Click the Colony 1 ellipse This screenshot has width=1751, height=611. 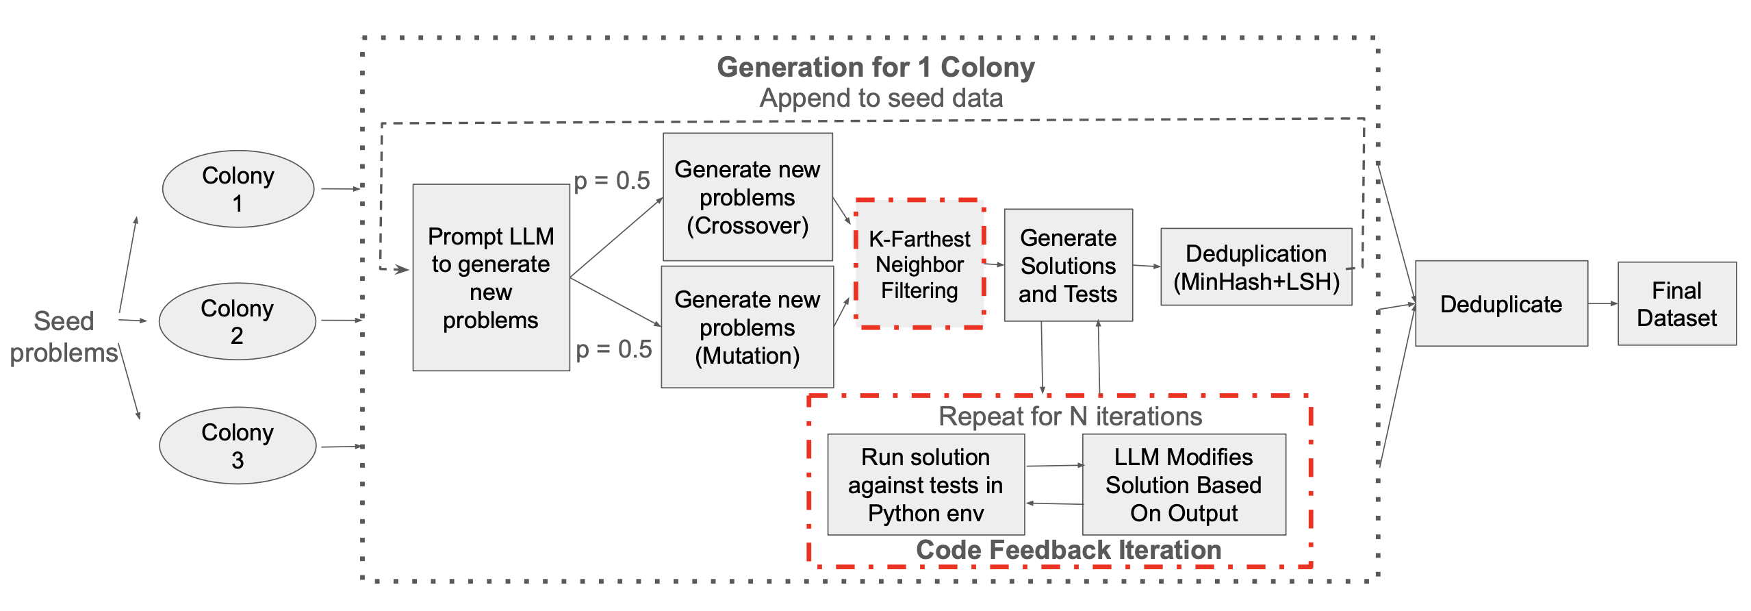(238, 189)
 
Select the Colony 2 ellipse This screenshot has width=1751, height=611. (237, 321)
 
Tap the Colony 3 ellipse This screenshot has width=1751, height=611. (238, 446)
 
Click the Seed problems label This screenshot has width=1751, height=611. (64, 336)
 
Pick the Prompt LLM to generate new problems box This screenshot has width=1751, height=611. (491, 277)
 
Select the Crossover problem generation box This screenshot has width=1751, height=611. (747, 197)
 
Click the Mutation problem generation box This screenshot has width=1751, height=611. (747, 327)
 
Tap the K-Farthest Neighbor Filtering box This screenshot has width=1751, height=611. (919, 264)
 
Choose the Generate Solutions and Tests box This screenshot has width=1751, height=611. (1068, 266)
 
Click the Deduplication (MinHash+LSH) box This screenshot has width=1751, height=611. (1256, 267)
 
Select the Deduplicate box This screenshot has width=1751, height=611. (1501, 303)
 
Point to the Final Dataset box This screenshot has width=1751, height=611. (1676, 303)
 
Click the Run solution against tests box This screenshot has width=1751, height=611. (925, 484)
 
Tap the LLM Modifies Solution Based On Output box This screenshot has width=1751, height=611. (1184, 484)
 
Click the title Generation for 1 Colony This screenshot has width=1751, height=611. (875, 67)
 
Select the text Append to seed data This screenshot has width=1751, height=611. (881, 98)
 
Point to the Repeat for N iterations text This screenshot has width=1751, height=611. (1070, 416)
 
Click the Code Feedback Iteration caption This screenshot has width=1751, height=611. (1069, 549)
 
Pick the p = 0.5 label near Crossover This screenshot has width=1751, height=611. (611, 181)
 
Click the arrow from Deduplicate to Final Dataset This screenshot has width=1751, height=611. (1602, 303)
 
